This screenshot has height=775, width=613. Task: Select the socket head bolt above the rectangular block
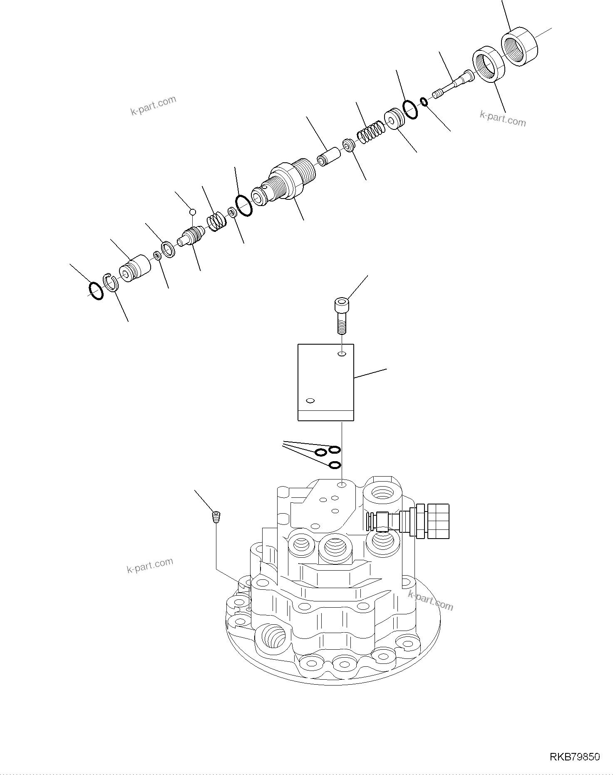(x=341, y=315)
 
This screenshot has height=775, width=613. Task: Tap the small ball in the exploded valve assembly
(x=192, y=212)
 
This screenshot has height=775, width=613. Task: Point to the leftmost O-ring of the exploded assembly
(x=96, y=291)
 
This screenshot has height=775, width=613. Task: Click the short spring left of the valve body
(x=217, y=221)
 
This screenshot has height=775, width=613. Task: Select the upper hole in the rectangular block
(x=342, y=354)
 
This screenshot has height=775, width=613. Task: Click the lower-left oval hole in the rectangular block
(x=310, y=401)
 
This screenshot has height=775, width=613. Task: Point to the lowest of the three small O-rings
(x=335, y=465)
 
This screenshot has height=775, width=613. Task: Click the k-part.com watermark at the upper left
(x=153, y=106)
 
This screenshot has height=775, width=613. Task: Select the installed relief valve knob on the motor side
(x=438, y=521)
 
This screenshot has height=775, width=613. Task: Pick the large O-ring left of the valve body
(x=244, y=206)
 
